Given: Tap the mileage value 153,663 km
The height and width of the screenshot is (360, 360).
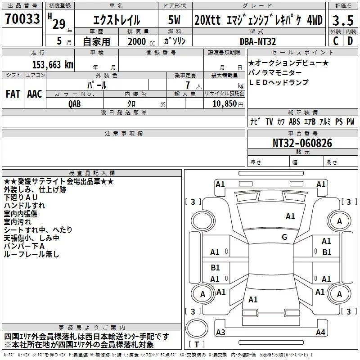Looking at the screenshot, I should pos(53,64).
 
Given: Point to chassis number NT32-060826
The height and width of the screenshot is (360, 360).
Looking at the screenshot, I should pos(302,143).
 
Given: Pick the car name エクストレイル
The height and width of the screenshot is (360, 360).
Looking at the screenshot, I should pos(116,20).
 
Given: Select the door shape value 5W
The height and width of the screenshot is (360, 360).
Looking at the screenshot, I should pos(175,20).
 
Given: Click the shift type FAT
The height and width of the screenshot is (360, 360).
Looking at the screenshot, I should pos(13,94).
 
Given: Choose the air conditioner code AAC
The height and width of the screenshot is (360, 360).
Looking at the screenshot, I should pos(35,94).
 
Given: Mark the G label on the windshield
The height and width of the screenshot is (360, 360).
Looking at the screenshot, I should pos(284,237).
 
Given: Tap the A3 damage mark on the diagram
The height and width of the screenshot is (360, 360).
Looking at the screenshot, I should pos(220,333).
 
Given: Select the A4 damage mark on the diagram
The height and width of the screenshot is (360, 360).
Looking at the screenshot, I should pos(320,333).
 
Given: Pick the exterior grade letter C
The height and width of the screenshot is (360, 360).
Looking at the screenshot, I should pos(335,41).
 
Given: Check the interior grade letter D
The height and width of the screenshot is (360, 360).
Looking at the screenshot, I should pos(350,41).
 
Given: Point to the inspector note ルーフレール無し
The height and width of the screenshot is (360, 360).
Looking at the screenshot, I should pos(31,254).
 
